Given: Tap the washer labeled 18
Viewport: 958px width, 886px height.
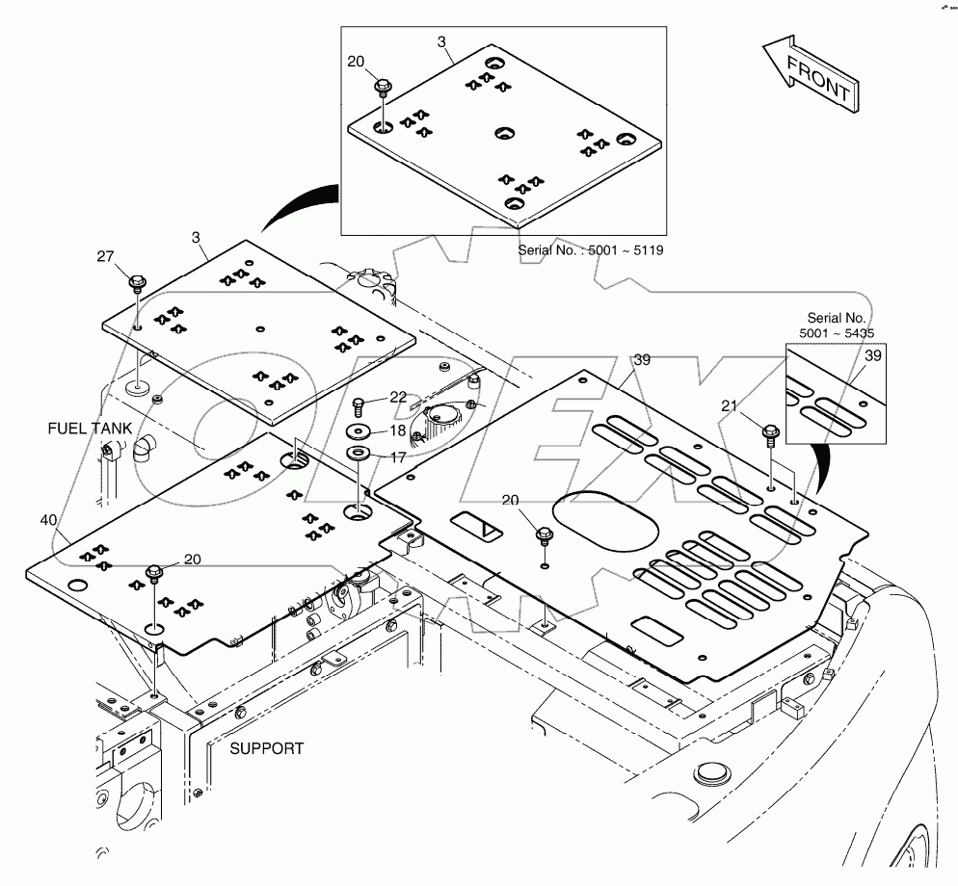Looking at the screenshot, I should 361,430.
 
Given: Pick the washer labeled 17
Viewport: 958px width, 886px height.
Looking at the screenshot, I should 361,453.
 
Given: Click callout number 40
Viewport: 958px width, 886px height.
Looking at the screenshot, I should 48,520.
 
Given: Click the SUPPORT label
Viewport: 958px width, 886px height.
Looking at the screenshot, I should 267,747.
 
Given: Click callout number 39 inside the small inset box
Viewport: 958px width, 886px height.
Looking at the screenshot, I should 872,356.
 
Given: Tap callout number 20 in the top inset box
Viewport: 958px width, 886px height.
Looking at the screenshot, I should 356,61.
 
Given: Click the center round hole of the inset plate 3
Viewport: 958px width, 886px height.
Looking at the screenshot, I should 505,132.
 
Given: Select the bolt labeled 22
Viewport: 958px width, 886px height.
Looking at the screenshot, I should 360,404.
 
